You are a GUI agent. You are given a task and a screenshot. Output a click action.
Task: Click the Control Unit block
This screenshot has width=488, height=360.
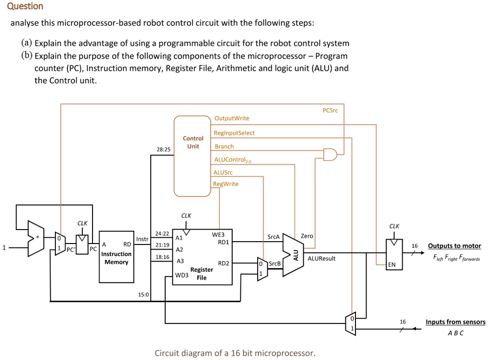[x=193, y=156]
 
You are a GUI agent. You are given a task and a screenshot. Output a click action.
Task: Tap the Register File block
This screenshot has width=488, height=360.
[x=202, y=257]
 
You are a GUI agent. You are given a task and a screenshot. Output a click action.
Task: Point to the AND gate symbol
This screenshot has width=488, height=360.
[x=330, y=154]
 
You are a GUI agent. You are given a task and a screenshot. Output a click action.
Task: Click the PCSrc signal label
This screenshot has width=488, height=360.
[x=330, y=110]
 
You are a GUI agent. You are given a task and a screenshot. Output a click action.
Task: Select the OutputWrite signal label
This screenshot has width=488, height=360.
[x=232, y=118]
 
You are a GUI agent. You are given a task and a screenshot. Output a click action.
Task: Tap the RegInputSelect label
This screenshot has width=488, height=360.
[x=234, y=133]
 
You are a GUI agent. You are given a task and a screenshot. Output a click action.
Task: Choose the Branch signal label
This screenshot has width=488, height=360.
[x=224, y=146]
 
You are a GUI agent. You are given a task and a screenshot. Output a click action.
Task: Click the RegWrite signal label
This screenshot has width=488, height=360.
[x=226, y=184]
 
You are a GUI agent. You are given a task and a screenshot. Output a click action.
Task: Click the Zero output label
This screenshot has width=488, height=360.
[x=307, y=236]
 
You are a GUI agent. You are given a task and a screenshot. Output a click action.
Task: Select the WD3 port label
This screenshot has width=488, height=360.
[x=182, y=276]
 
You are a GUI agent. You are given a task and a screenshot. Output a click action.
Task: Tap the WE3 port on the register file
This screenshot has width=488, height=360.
[x=218, y=235]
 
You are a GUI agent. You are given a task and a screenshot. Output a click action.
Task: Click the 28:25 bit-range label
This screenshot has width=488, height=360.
[x=163, y=150]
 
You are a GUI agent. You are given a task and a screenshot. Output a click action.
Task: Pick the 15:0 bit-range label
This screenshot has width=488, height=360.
[x=144, y=294]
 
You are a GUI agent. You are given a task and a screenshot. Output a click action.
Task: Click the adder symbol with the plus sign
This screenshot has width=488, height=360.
[x=36, y=239]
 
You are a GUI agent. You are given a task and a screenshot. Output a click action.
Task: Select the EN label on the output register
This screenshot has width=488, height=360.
[x=392, y=264]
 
